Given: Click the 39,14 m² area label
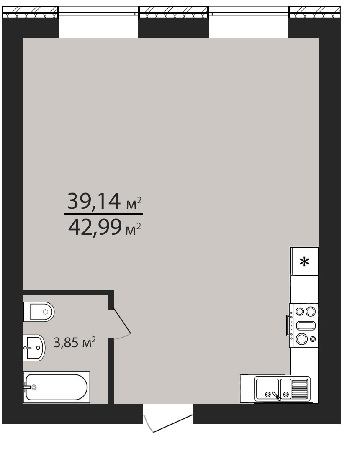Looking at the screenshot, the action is point(104,201).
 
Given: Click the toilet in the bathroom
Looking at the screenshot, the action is point(39,312).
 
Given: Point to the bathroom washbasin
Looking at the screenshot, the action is point(34,347).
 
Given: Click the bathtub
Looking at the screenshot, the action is point(57,387).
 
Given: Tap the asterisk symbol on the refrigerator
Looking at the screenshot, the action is point(304,262).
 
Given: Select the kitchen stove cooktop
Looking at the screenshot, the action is point(304,325).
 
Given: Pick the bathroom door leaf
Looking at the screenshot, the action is point(122,322).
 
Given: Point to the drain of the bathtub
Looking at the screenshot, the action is point(34,387).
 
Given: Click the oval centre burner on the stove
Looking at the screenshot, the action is point(306,325).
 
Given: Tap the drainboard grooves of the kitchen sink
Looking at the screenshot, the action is point(300,389).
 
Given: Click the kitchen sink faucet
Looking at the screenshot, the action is point(277,396).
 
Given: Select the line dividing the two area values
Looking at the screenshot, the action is point(103,214).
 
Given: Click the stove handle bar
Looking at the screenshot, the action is point(287,325).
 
